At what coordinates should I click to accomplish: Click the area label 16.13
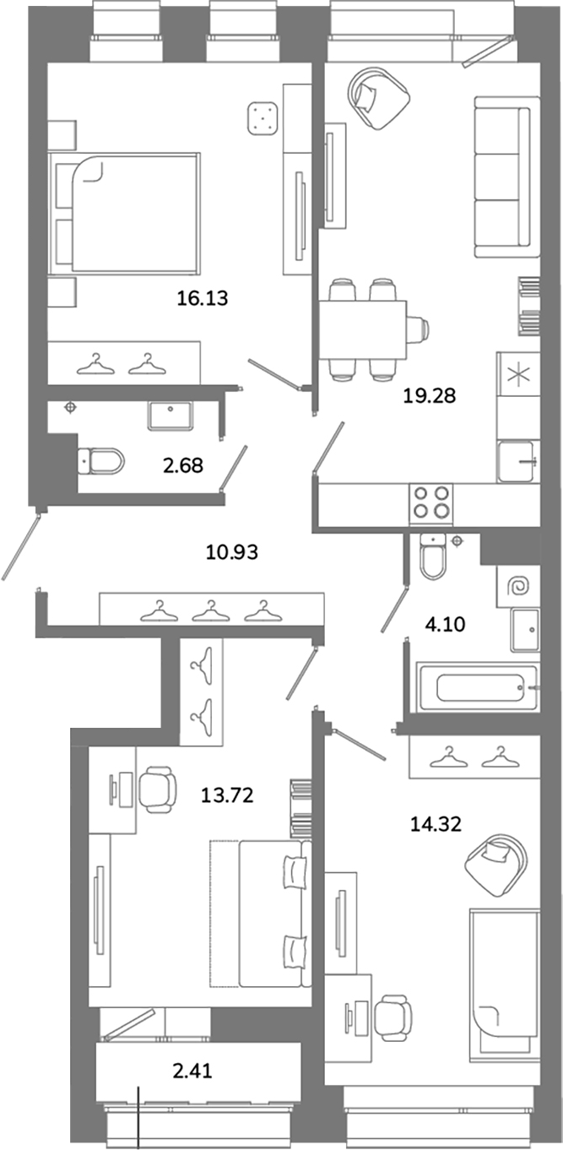click(203, 298)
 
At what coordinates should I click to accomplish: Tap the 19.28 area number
click(430, 396)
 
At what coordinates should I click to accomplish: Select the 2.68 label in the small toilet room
click(183, 465)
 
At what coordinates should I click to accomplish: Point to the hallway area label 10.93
click(232, 552)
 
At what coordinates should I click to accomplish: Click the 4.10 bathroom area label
click(445, 624)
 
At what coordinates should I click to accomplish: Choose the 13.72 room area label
click(227, 795)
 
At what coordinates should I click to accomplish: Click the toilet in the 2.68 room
click(101, 461)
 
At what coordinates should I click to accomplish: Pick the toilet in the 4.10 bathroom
click(434, 556)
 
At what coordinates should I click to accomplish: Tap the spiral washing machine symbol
click(517, 586)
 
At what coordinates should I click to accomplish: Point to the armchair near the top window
click(379, 98)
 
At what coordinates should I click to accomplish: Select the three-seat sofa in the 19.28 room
click(507, 176)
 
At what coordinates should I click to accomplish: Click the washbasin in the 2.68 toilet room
click(170, 415)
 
